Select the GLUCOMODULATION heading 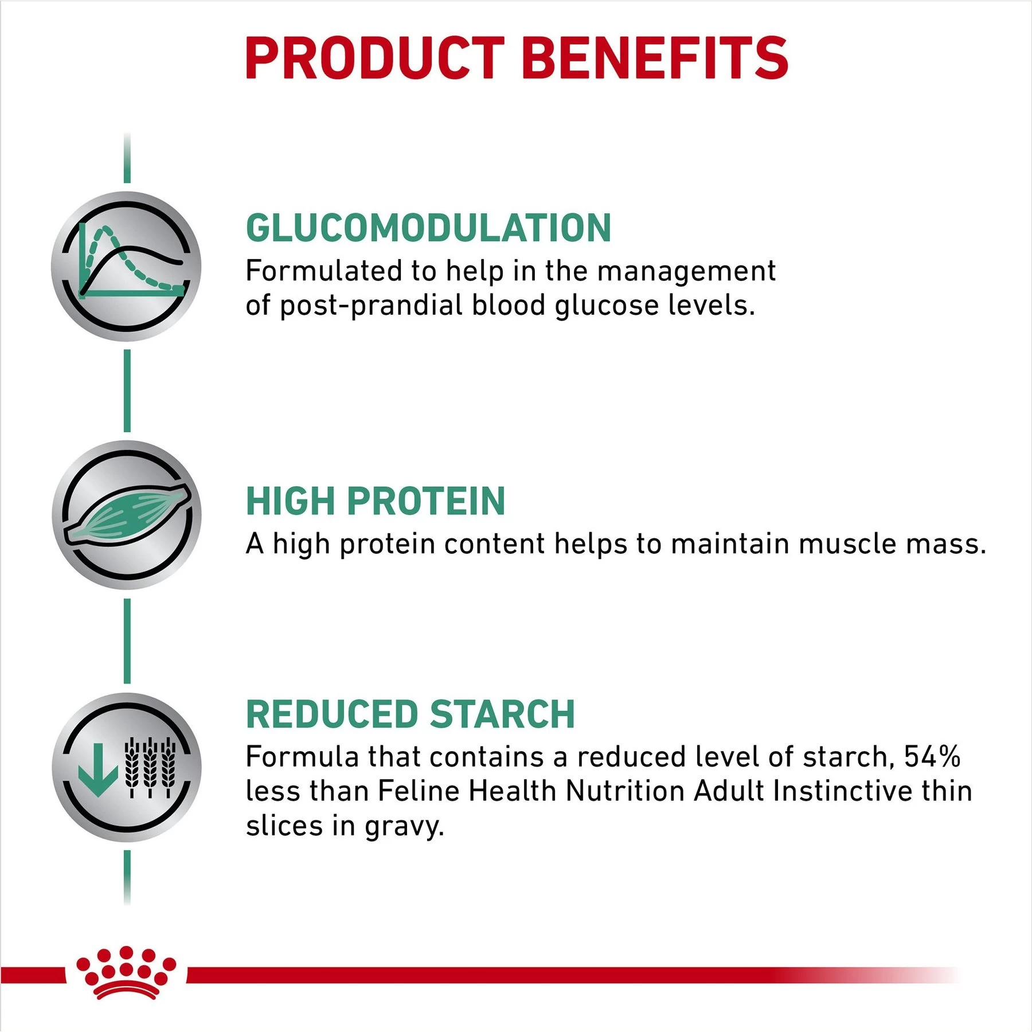point(428,228)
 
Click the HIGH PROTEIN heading point(376,501)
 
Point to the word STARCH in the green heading point(502,714)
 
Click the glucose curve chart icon point(127,266)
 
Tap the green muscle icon point(127,514)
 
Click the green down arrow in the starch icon point(97,769)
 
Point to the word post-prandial point(370,306)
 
